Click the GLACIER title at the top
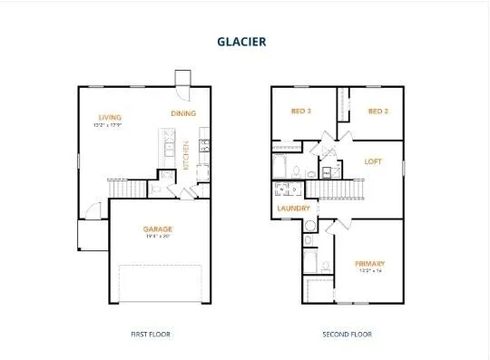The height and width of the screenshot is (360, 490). (x=242, y=41)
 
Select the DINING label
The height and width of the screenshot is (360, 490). (x=184, y=113)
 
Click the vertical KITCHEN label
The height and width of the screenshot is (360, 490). (x=187, y=156)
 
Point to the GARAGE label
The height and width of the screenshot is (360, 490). (x=158, y=229)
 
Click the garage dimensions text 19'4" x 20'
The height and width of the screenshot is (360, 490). (x=158, y=238)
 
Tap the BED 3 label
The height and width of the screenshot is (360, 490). (x=302, y=111)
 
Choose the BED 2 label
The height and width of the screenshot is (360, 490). (x=378, y=111)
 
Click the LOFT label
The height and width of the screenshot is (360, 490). (x=373, y=161)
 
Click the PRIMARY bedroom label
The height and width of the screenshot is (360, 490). (x=369, y=263)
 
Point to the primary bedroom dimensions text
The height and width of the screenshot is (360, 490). (x=369, y=271)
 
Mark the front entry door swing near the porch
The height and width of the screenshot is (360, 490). (x=92, y=212)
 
